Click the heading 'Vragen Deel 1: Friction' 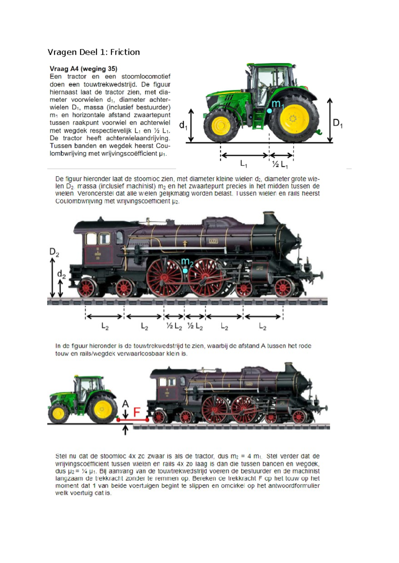click(93, 52)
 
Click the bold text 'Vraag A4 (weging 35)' click(83, 69)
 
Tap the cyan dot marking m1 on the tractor click(269, 111)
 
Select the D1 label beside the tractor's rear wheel click(337, 123)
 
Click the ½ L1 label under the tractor click(280, 164)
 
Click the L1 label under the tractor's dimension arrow click(244, 164)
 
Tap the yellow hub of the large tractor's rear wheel click(293, 118)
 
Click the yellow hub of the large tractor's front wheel click(219, 125)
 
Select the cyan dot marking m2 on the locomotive click(185, 271)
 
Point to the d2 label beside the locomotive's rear click(61, 275)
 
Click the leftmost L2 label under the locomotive click(105, 327)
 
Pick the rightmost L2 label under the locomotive click(262, 327)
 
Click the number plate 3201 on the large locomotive click(213, 241)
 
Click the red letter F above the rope click(137, 412)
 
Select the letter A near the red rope click(125, 404)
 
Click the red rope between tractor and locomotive click(133, 420)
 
